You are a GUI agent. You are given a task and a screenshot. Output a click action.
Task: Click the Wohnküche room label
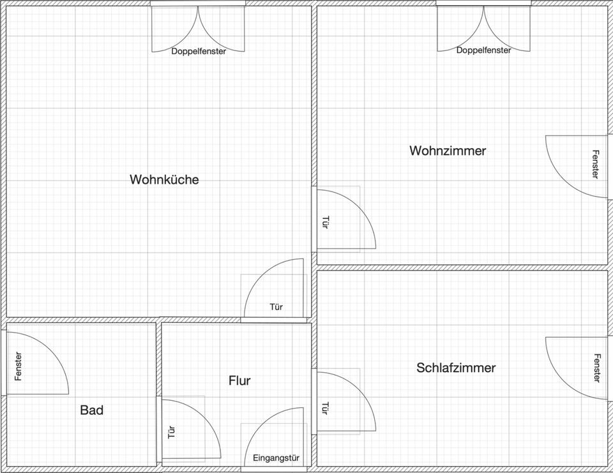click(164, 179)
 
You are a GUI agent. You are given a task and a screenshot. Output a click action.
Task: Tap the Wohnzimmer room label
click(448, 151)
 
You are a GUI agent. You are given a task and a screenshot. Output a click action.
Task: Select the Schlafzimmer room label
click(456, 368)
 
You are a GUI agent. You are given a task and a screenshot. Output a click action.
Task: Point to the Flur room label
click(239, 380)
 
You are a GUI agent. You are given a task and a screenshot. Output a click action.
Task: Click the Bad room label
click(91, 410)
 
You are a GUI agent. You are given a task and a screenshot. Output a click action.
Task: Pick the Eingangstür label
click(276, 458)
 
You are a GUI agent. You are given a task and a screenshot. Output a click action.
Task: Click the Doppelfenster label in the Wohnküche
click(198, 51)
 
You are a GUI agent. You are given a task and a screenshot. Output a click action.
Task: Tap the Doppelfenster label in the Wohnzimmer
click(483, 50)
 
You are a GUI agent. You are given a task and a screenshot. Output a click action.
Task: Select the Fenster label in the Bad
click(18, 366)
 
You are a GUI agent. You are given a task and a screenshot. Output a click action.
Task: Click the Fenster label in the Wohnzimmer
click(595, 164)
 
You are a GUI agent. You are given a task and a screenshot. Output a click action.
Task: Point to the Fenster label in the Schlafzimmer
click(596, 368)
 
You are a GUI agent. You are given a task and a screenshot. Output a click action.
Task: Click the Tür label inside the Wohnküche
click(276, 307)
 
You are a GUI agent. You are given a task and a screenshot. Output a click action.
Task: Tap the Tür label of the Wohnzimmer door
click(324, 222)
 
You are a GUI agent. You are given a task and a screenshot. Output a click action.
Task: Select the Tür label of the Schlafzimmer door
click(324, 407)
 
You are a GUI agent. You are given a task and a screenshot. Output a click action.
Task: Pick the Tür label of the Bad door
click(171, 432)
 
